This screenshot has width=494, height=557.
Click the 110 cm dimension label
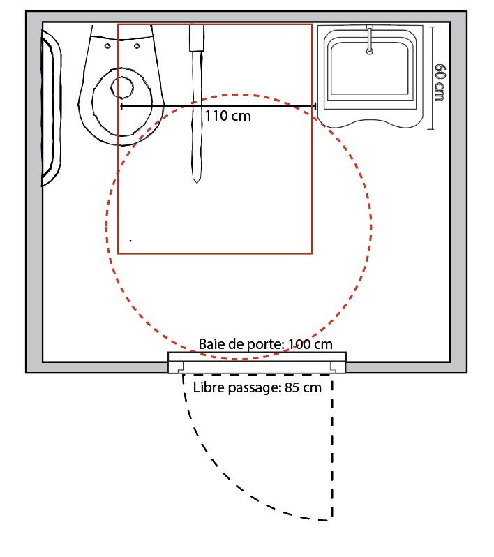click(227, 116)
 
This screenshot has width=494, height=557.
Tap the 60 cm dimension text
click(440, 82)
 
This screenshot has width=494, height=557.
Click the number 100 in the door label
click(298, 344)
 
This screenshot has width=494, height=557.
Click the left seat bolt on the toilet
click(107, 46)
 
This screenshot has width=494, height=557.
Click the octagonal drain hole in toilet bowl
click(123, 87)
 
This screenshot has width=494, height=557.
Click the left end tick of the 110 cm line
click(122, 106)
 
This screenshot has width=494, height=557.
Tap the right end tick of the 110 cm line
click(315, 106)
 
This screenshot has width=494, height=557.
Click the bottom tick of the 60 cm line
click(433, 128)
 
